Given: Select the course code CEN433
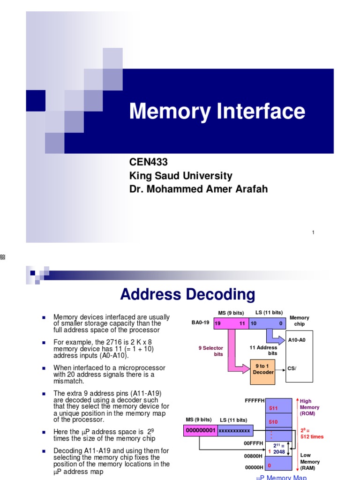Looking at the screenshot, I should click(148, 162).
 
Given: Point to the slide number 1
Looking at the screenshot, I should click(313, 233).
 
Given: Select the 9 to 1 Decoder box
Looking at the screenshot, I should click(263, 369).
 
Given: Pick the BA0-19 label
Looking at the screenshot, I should click(200, 323).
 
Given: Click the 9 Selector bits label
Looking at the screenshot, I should click(211, 351).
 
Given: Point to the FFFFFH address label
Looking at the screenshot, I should click(255, 401).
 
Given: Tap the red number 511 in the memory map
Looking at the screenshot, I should click(273, 408).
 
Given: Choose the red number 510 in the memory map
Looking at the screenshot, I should click(273, 422).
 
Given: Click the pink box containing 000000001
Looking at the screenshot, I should click(200, 430).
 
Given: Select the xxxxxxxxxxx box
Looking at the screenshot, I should click(235, 430).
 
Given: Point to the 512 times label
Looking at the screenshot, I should click(312, 436).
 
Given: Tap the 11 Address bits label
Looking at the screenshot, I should click(263, 350).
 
